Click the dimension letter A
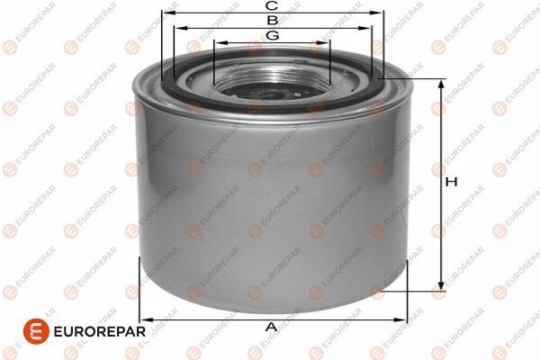pos(270,327)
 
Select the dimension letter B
pos(270,20)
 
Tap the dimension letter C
pos(270,6)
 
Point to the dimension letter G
pos(272,35)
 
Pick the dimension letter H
pos(452,183)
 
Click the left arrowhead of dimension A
pos(144,319)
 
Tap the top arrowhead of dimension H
pos(441,83)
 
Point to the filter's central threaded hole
pos(272,87)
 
